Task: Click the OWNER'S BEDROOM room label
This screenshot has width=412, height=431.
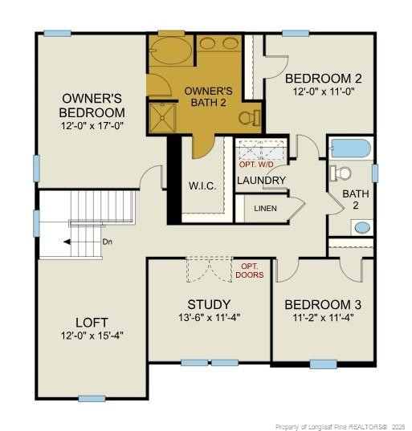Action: [93, 106]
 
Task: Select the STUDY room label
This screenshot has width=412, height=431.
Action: [209, 304]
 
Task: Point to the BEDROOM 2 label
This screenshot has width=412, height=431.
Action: [324, 79]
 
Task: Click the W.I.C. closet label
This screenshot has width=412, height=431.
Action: [202, 186]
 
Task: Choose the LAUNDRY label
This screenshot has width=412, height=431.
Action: [261, 180]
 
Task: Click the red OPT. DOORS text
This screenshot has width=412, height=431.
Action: [249, 270]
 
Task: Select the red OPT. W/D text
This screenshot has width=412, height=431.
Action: [257, 164]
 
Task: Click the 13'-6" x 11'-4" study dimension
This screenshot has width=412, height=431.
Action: [209, 317]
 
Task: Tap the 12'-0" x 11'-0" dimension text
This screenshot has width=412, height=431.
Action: [324, 91]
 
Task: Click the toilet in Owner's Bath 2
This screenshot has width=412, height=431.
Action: [249, 117]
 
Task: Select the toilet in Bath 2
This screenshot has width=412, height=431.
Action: [341, 173]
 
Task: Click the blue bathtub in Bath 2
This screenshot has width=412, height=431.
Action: [350, 148]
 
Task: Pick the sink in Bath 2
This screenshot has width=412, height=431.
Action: [363, 226]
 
